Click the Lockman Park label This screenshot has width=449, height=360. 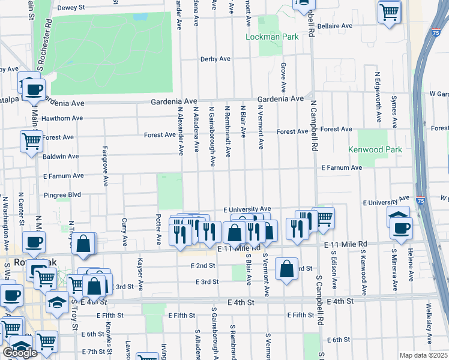click(x=272, y=37)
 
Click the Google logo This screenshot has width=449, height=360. click(x=20, y=352)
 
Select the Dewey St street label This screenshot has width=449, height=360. click(x=71, y=8)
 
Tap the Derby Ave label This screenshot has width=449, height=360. click(x=215, y=59)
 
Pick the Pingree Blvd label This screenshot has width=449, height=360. click(x=62, y=195)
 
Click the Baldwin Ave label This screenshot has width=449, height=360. click(x=61, y=156)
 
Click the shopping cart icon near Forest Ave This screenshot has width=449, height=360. click(x=31, y=142)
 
